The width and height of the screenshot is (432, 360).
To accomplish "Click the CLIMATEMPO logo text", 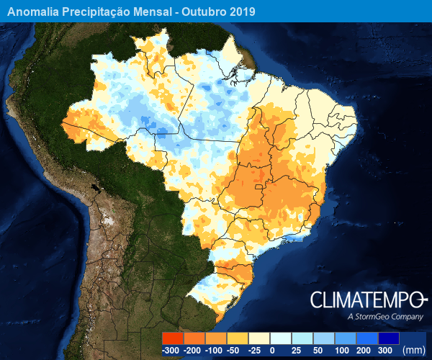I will tap(367, 300).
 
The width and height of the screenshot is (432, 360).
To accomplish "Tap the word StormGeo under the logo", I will tap(374, 317).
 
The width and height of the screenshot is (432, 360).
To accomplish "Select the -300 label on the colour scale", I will tap(171, 351).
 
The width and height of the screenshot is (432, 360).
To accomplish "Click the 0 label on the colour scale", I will tap(271, 351).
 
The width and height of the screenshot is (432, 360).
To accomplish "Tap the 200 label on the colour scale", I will tap(364, 351).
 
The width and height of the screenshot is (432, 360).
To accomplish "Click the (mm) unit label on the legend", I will tap(413, 351).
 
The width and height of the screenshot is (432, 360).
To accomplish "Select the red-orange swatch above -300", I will tap(173, 338).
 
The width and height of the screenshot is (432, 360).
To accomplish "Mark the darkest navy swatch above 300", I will tap(389, 338).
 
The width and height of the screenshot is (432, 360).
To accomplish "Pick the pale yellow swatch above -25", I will tap(259, 338).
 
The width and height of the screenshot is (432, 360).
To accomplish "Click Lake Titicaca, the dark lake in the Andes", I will tap(94, 192).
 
